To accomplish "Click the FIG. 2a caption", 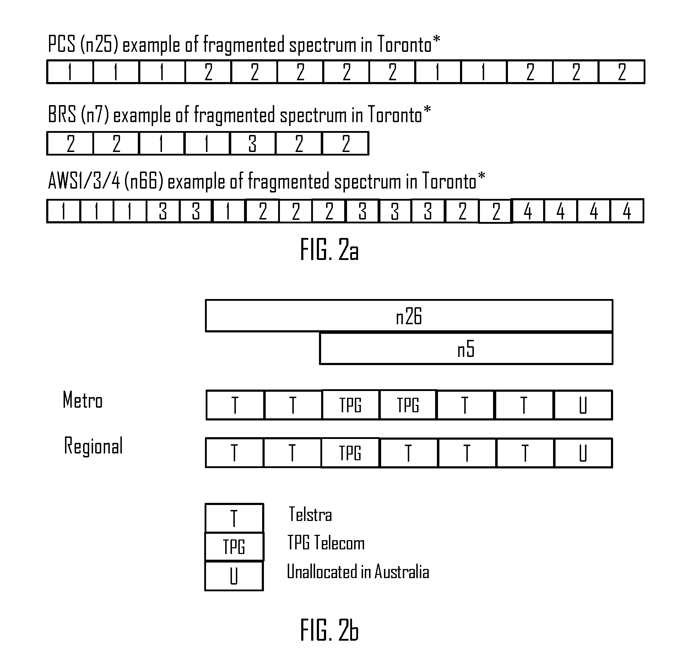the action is (329, 250).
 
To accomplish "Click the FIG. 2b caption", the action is (329, 630).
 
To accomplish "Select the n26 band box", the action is (409, 316).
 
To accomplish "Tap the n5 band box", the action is (466, 348).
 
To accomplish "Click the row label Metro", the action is (82, 400).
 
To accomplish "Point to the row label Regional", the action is (93, 446).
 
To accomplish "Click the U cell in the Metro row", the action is (583, 405).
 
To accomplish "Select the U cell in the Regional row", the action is (583, 453).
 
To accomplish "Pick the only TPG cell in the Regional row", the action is (350, 453).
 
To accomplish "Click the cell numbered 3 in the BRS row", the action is (253, 143).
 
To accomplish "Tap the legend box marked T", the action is (234, 518).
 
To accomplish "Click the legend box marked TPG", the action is (234, 547).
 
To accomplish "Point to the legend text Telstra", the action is (310, 514).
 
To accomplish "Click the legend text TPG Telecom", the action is (326, 543).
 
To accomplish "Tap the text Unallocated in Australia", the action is (358, 572).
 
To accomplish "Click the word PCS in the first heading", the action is (62, 45).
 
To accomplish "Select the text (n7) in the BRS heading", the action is (94, 115).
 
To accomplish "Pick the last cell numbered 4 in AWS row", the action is (627, 211).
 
